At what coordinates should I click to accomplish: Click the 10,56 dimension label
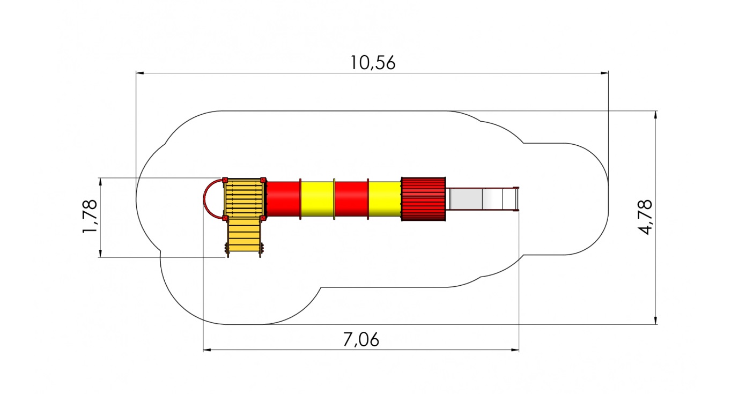(373, 63)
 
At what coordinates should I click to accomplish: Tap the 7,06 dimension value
(361, 340)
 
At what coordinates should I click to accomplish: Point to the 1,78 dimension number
(90, 216)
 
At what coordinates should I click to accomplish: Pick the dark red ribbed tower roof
(423, 199)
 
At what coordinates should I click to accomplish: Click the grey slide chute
(482, 199)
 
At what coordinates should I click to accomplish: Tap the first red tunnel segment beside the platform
(283, 199)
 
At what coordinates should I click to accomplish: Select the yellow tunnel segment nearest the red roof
(385, 199)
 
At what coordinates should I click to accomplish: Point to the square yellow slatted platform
(244, 198)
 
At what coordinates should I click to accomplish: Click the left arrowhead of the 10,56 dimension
(140, 73)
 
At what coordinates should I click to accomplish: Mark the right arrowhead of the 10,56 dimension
(604, 73)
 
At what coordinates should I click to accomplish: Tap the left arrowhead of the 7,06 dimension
(207, 350)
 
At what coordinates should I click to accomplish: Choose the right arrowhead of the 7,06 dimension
(515, 350)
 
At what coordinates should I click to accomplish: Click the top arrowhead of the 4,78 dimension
(655, 115)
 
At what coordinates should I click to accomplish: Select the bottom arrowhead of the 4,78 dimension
(655, 320)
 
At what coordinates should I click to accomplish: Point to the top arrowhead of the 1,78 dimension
(100, 182)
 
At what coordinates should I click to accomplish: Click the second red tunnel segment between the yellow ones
(351, 199)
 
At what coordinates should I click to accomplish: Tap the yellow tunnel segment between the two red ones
(317, 199)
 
